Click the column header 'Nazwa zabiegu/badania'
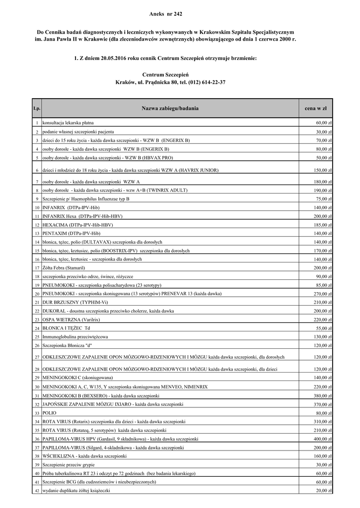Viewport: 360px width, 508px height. [x=169, y=108]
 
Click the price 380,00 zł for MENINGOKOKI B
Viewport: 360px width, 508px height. [x=323, y=395]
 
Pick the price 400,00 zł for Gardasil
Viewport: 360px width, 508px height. [x=323, y=439]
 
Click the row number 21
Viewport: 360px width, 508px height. [x=37, y=303]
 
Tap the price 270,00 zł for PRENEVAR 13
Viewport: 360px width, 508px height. [x=323, y=294]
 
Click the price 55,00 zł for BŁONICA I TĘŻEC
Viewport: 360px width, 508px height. [x=324, y=328]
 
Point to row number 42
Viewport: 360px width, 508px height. [x=37, y=491]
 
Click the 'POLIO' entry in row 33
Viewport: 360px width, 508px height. [x=50, y=413]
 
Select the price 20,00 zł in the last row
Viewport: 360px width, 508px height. [x=324, y=491]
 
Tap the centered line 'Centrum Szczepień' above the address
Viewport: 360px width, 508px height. [x=169, y=73]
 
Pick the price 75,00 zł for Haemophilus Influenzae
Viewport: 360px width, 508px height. [x=324, y=198]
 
